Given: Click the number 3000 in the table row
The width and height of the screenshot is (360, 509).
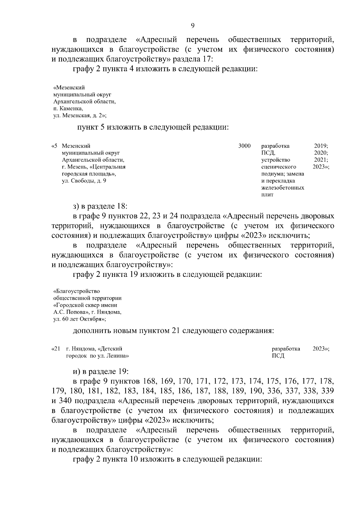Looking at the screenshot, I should [x=244, y=146].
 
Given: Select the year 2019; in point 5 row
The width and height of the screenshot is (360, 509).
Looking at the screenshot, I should [x=321, y=146].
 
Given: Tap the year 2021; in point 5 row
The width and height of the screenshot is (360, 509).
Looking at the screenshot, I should [x=321, y=160].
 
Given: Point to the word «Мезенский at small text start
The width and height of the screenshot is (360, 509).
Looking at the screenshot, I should [x=69, y=88].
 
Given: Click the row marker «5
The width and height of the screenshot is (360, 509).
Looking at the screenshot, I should [x=55, y=146].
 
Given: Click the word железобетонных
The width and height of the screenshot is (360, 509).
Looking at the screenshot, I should [x=283, y=188].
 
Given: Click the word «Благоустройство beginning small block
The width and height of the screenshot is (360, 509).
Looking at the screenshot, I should [x=76, y=291].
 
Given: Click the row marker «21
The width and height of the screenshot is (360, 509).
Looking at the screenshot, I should [x=56, y=349].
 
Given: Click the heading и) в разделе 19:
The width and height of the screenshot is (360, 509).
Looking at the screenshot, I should [x=101, y=371].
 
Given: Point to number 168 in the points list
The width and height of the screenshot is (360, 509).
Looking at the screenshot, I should [x=150, y=382].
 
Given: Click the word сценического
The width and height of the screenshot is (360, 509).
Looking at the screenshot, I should [x=279, y=167].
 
